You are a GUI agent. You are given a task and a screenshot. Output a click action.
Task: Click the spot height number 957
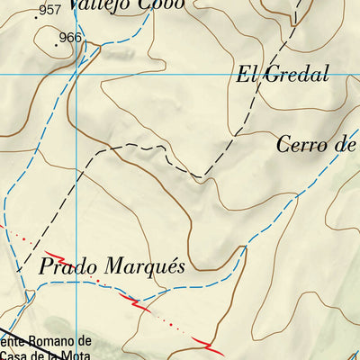coord(50,10)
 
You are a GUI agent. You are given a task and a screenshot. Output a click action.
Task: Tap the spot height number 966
coord(69,38)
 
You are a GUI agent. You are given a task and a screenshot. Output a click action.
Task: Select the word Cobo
coord(162,4)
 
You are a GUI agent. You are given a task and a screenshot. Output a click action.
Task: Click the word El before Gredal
coord(248,75)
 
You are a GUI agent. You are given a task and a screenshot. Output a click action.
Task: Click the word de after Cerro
coord(349,144)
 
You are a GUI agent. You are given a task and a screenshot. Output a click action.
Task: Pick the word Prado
coord(67,268)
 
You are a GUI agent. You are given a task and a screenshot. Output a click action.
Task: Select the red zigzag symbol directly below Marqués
coord(139,303)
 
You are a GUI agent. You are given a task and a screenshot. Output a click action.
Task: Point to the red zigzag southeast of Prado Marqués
coord(211,345)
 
